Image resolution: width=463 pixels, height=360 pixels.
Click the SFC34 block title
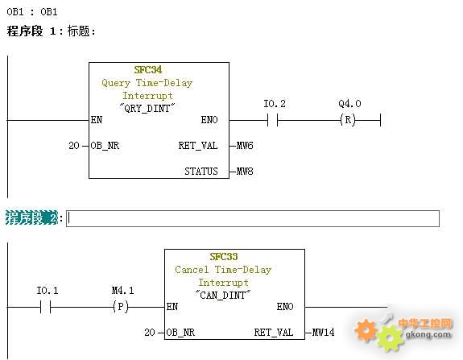pos(148,70)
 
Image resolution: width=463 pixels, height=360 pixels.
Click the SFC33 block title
pos(224,257)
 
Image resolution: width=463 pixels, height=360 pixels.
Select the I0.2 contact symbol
pos(272,120)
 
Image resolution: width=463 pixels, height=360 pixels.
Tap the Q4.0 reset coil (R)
pos(348,120)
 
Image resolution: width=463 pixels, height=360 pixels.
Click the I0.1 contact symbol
pos(45,307)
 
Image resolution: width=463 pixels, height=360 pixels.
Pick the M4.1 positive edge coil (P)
pos(121,307)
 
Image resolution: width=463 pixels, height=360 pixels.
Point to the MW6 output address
pos(245,146)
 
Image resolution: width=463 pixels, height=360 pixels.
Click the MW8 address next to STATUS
pos(245,172)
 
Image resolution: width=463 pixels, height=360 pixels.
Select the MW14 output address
pos(324,333)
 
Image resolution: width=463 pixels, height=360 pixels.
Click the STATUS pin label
pos(201,172)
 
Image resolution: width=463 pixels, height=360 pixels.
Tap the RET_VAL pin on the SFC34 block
pos(198,146)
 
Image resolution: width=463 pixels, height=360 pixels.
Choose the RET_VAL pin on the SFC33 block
pos(274,333)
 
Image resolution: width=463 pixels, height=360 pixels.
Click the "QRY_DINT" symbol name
pos(147,109)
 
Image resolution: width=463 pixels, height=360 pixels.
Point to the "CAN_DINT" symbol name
pos(223,296)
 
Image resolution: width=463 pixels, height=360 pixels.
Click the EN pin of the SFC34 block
pos(97,120)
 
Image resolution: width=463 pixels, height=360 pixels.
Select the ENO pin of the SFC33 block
pos(285,307)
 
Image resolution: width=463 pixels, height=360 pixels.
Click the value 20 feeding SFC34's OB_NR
pos(74,146)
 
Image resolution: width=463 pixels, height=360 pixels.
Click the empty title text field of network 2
pos(253,218)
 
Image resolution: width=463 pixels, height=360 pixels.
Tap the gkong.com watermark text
pos(428,335)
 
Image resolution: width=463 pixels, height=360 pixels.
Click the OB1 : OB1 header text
pos(32,12)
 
